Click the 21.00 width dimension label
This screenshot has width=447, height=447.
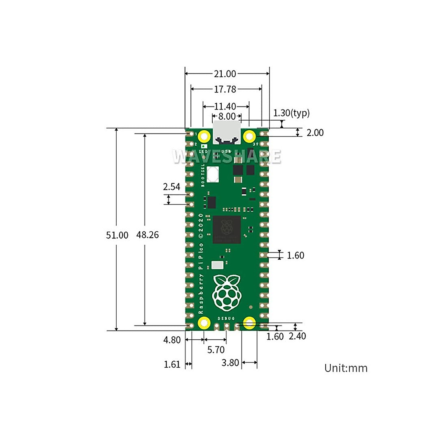pyautogui.click(x=225, y=74)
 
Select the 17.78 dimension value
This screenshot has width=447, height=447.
pyautogui.click(x=225, y=89)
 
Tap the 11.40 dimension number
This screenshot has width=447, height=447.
pyautogui.click(x=225, y=107)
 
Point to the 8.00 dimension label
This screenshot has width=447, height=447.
pyautogui.click(x=227, y=116)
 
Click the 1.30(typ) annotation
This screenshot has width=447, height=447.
pyautogui.click(x=291, y=113)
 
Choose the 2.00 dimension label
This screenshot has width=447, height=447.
pyautogui.click(x=315, y=133)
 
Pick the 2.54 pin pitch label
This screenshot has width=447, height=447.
pyautogui.click(x=172, y=187)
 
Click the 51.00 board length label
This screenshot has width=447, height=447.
pyautogui.click(x=117, y=235)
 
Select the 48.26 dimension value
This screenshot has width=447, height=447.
pyautogui.click(x=148, y=235)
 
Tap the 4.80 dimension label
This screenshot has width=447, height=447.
pyautogui.click(x=172, y=340)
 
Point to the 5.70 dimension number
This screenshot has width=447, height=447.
pyautogui.click(x=216, y=350)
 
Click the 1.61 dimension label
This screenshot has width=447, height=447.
pyautogui.click(x=172, y=364)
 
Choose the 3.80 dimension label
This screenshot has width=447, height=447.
pyautogui.click(x=230, y=363)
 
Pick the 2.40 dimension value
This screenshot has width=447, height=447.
pyautogui.click(x=298, y=336)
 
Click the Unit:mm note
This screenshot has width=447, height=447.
pyautogui.click(x=346, y=368)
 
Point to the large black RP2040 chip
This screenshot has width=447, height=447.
pyautogui.click(x=226, y=229)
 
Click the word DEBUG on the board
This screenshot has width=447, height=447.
pyautogui.click(x=226, y=318)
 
